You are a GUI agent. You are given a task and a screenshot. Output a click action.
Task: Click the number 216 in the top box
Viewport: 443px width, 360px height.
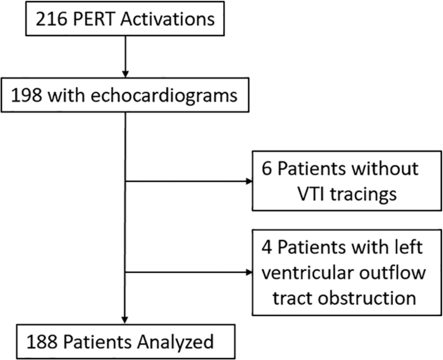(x=51, y=19)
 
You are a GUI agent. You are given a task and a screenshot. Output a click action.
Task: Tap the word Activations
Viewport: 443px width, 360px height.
(x=168, y=19)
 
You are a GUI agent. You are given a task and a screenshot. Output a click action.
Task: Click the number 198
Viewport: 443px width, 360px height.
(x=27, y=95)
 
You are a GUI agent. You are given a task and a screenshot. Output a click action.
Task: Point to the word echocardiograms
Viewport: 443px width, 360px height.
(x=163, y=96)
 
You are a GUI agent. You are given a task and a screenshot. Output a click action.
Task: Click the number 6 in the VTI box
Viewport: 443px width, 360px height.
(x=267, y=169)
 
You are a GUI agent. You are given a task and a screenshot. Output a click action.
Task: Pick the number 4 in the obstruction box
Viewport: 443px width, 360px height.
(x=267, y=247)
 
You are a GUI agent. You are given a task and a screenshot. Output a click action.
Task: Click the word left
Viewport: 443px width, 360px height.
(x=411, y=246)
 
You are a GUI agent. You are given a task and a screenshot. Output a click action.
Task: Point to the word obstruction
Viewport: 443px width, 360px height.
(x=367, y=298)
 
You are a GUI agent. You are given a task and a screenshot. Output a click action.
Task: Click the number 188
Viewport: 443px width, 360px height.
(x=43, y=342)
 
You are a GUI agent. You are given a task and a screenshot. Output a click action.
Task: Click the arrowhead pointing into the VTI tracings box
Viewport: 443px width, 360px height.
(x=249, y=181)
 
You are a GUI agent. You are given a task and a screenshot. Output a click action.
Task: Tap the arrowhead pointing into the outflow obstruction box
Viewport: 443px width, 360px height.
(x=249, y=272)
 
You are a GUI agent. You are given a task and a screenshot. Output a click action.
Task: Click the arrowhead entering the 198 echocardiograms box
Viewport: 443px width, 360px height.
(x=125, y=74)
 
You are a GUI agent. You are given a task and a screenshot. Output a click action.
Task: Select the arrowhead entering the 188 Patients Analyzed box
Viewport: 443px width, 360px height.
(x=125, y=320)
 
